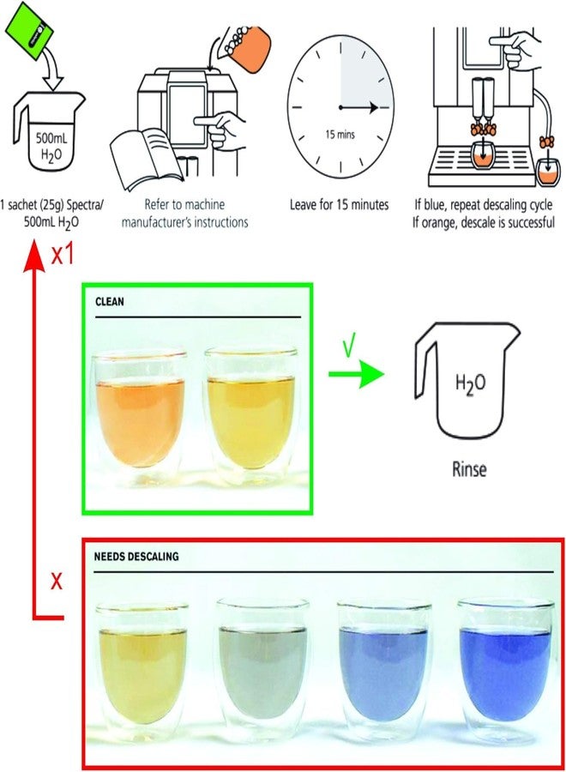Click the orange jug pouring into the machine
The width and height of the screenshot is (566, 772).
click(249, 48)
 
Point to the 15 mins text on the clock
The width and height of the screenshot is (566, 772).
click(340, 135)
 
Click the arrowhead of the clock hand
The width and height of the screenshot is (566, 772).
click(373, 107)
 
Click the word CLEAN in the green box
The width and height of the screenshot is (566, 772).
click(109, 301)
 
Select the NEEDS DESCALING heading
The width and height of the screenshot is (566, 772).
click(135, 557)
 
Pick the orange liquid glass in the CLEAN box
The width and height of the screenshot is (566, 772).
click(140, 413)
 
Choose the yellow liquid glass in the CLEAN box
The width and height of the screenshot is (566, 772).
click(251, 413)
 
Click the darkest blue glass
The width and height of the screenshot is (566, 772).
click(505, 671)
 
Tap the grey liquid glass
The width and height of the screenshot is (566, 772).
click(262, 671)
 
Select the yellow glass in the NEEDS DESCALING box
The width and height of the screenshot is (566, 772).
click(141, 672)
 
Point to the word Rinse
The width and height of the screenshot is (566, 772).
click(469, 468)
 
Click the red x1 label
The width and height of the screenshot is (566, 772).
click(63, 255)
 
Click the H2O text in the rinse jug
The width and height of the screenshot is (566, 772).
click(470, 384)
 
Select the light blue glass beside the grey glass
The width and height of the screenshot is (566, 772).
click(384, 671)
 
